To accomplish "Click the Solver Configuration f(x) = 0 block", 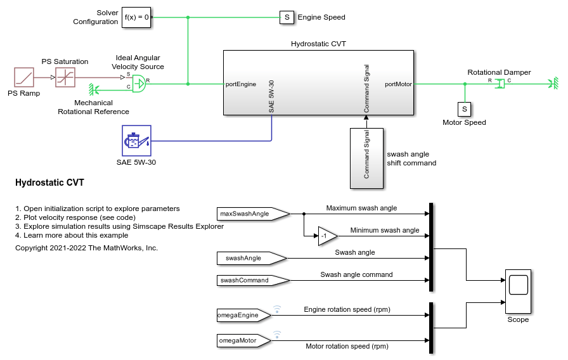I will coord(138,17).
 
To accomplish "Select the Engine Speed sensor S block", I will coord(287,17).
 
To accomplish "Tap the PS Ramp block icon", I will coord(23,78).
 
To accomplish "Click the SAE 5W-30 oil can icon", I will coord(136,140).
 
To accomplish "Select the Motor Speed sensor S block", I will coord(464,109).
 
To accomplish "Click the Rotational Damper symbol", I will coord(500,83).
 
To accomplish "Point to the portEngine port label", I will coord(241,84).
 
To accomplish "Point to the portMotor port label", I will coord(398,84).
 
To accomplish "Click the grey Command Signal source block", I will coord(366,157).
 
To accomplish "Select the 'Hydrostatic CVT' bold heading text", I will coord(49,183).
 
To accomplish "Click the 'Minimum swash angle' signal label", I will coord(385,230).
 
